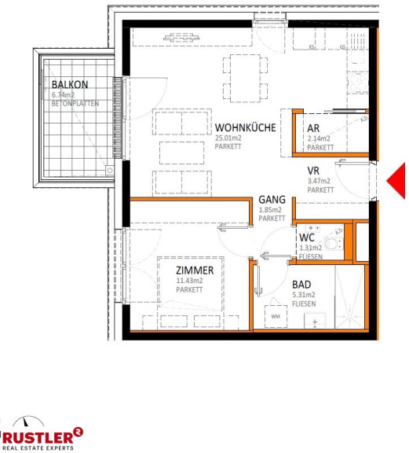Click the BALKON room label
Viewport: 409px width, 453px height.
(x=70, y=85)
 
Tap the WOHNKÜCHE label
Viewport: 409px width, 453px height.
(x=245, y=127)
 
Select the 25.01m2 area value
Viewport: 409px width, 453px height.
(x=228, y=138)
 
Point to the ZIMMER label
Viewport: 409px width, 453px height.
(x=195, y=271)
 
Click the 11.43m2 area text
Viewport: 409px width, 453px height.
(x=189, y=281)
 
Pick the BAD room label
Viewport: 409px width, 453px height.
(x=301, y=285)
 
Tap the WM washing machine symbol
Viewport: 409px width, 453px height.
(x=276, y=316)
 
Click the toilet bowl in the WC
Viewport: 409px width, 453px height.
(x=333, y=244)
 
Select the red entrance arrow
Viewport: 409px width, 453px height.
(x=396, y=181)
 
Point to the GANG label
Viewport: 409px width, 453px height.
(x=272, y=200)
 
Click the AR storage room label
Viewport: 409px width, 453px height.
(x=313, y=128)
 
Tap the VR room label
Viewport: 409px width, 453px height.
(x=313, y=171)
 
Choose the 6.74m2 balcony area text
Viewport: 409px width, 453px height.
(x=63, y=94)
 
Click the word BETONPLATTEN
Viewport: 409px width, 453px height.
(x=75, y=104)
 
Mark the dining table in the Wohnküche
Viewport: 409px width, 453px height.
(x=245, y=79)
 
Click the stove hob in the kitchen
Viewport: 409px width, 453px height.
(x=358, y=83)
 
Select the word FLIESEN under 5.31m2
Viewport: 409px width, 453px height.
(x=304, y=304)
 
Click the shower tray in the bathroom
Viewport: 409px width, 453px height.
(x=349, y=297)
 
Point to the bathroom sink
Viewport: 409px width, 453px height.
(x=315, y=321)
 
